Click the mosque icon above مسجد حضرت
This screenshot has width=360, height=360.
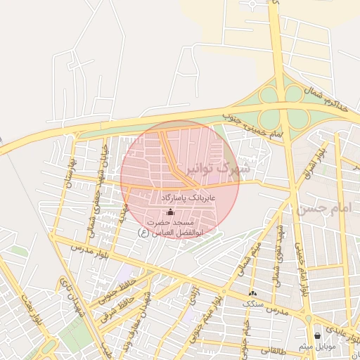pyautogui.click(x=169, y=212)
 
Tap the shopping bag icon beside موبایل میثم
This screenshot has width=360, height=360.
pyautogui.click(x=319, y=335)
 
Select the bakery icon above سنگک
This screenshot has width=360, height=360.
pyautogui.click(x=252, y=292)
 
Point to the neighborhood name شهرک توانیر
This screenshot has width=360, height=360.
pyautogui.click(x=219, y=169)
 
